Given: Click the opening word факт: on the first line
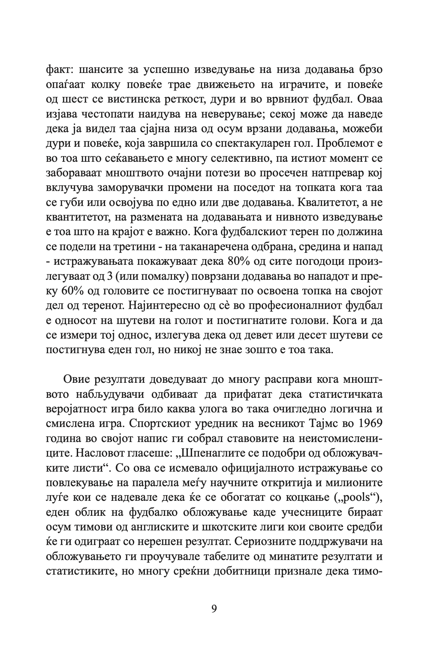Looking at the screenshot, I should (x=59, y=70).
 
